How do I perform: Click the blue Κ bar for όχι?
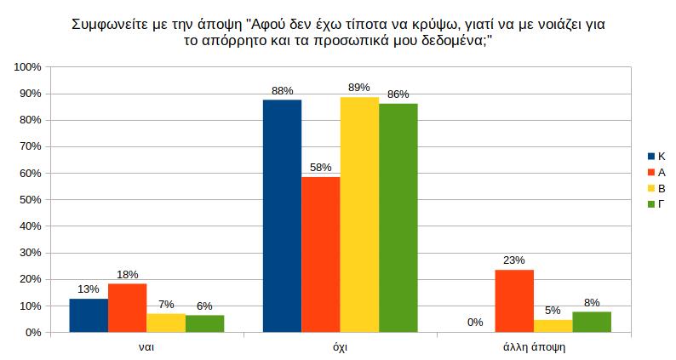282,216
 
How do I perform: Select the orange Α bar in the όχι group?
320,254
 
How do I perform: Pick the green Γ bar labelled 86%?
398,218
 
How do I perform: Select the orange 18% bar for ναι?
127,308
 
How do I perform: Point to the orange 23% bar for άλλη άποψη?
514,301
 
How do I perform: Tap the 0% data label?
475,323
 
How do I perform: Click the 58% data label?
321,167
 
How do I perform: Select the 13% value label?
89,289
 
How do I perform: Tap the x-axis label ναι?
146,347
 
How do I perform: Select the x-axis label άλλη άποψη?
533,347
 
